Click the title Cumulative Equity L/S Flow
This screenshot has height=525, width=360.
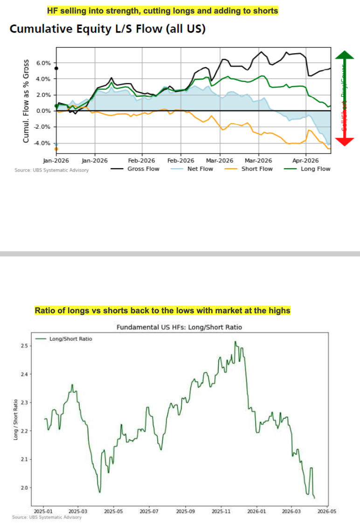pos(108,29)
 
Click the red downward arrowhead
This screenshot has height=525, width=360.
pos(345,142)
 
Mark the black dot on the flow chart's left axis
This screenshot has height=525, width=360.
pos(56,69)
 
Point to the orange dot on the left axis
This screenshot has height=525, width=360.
pos(56,149)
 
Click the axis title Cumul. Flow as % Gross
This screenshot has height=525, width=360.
pos(26,101)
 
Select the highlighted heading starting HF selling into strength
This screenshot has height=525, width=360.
pos(163,11)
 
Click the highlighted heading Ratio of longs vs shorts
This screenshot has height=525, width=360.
pos(163,311)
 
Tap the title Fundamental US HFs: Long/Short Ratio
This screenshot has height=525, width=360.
pos(179,327)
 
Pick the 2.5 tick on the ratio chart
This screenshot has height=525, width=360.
pos(24,346)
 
